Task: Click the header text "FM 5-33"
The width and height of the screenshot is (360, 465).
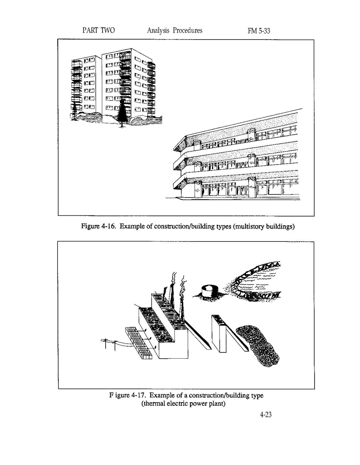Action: coord(259,31)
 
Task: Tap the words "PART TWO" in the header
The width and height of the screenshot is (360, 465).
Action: coord(99,30)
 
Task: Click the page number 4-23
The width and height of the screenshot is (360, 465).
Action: coord(266,415)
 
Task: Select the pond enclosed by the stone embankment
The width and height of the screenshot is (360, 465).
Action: coord(256,281)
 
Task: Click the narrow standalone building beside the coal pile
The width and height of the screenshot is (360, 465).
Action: coord(219,333)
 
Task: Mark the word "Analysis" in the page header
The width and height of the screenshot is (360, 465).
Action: coord(158,31)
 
